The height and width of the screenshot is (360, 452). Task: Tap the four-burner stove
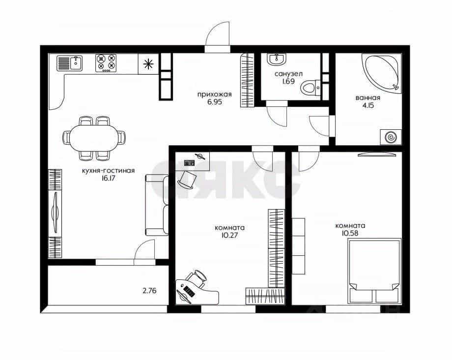coord(106,63)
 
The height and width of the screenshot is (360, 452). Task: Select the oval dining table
coord(94,138)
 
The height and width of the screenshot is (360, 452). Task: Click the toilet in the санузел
coord(310,88)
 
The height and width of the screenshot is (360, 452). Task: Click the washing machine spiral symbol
coord(391,137)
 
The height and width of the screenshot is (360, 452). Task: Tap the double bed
coord(374,271)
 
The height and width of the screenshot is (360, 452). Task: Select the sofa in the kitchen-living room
coord(157,205)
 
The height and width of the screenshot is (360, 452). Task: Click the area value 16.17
coord(108,178)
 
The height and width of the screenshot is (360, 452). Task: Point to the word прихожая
coord(215,94)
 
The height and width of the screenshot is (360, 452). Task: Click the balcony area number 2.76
coord(150,291)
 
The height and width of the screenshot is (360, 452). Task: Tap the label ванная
coord(368,98)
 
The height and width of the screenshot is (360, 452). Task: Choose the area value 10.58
coord(350,233)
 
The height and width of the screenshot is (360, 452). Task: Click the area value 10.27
coord(230,235)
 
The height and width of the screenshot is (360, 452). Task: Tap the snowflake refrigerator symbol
coord(148,64)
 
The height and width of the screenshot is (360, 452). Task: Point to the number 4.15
coord(368,105)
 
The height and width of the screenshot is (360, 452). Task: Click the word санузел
coord(288,74)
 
